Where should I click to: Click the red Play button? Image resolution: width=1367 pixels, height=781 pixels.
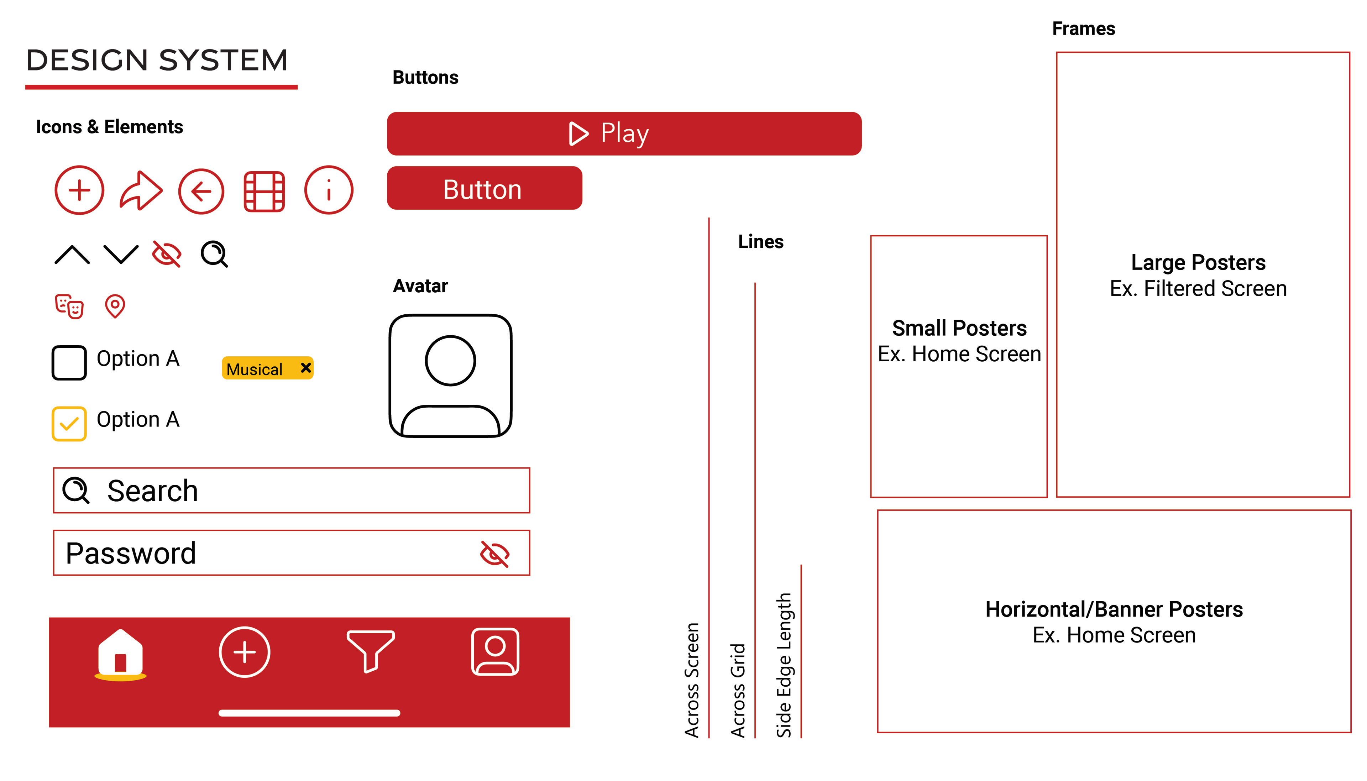coord(624,133)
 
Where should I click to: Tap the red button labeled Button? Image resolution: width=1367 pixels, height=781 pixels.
coord(484,188)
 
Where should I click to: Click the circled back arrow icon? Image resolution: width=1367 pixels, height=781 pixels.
coord(201,191)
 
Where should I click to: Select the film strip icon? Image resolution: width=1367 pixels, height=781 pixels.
coord(264,191)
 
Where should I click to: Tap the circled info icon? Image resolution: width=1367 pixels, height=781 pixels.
coord(328,190)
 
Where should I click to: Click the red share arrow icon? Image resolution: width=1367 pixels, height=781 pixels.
coord(141,191)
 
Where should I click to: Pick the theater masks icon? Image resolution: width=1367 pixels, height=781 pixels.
coord(69,306)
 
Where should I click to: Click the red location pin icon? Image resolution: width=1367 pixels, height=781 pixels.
coord(115,306)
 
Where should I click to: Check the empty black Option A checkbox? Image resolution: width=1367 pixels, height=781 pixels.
coord(69,363)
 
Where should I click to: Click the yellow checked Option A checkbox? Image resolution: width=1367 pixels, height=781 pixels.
coord(69,423)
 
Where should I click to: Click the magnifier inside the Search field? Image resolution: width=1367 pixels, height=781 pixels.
coord(75,490)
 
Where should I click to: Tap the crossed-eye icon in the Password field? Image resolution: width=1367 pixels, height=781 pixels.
coord(494,554)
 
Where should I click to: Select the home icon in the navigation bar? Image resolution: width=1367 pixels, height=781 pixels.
coord(121,652)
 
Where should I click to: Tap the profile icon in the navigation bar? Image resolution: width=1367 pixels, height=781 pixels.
coord(494,651)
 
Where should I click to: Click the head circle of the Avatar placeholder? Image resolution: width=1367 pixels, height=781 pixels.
coord(450,361)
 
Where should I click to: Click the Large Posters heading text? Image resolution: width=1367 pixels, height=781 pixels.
coord(1198,263)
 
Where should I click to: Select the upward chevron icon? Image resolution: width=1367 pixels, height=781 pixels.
coord(72,255)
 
